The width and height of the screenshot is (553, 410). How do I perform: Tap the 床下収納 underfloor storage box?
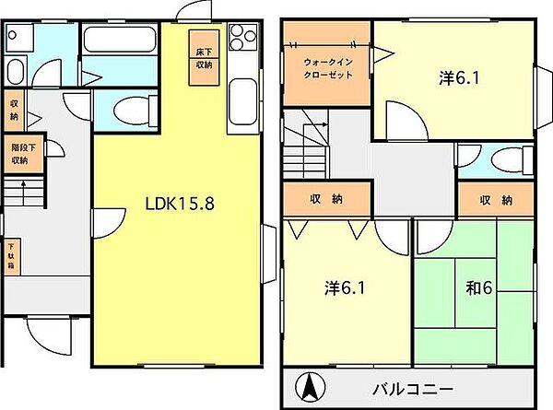pyautogui.click(x=204, y=58)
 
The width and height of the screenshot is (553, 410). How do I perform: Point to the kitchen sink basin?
pyautogui.click(x=241, y=96)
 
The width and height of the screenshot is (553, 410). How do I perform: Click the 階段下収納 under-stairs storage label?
pyautogui.click(x=19, y=153)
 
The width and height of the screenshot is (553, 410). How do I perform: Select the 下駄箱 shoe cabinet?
pyautogui.click(x=12, y=254)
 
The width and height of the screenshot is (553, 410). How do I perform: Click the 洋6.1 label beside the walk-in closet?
pyautogui.click(x=453, y=78)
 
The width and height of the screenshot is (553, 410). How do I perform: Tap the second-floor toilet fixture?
pyautogui.click(x=501, y=162)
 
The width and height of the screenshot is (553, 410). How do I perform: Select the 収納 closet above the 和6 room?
pyautogui.click(x=495, y=199)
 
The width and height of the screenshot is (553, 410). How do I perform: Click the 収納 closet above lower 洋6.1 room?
pyautogui.click(x=326, y=199)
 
